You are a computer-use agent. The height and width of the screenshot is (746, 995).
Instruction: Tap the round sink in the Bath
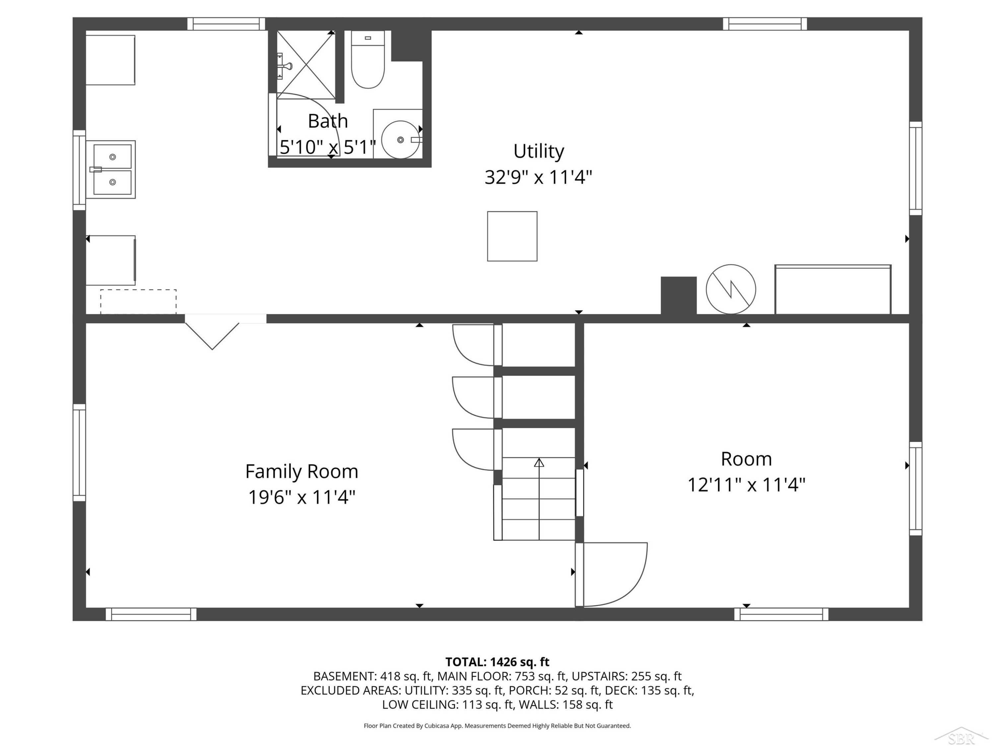pyautogui.click(x=400, y=139)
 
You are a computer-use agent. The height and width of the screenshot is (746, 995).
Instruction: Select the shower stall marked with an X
pyautogui.click(x=306, y=65)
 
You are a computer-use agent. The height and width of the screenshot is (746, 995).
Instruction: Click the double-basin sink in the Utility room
pyautogui.click(x=111, y=169)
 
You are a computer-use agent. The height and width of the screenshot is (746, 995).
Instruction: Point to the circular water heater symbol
pyautogui.click(x=731, y=289)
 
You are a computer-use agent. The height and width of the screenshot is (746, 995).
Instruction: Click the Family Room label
pyautogui.click(x=301, y=471)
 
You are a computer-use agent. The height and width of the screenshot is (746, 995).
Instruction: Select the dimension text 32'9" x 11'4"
pyautogui.click(x=538, y=177)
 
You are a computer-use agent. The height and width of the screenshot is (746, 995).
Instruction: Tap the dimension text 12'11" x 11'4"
pyautogui.click(x=746, y=485)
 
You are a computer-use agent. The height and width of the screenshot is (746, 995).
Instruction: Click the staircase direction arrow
pyautogui.click(x=539, y=499)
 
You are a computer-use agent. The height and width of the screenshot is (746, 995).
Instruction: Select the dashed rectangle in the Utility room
pyautogui.click(x=138, y=302)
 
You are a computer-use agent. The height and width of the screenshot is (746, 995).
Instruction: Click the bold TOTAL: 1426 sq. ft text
pyautogui.click(x=497, y=662)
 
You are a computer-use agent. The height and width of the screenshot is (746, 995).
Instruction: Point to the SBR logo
pyautogui.click(x=961, y=736)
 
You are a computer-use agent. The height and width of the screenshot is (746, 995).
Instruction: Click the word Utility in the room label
pyautogui.click(x=538, y=151)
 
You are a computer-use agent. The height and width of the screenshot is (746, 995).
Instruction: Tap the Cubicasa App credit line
pyautogui.click(x=497, y=726)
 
